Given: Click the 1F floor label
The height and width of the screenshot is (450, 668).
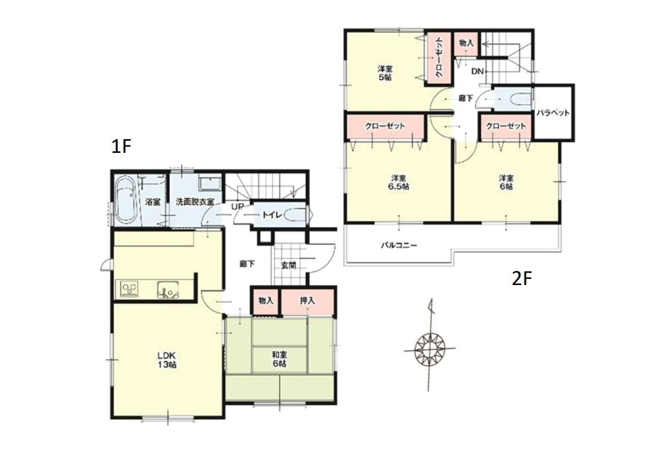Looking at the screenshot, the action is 121,147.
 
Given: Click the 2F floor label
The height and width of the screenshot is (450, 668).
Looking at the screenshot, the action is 522,279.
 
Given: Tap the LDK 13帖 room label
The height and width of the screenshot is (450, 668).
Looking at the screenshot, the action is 167,360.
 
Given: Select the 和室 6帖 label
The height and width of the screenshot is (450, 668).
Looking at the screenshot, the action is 279,359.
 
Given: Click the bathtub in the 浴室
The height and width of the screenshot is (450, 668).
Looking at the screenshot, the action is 126,201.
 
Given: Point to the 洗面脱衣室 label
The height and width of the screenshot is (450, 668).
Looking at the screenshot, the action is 195,201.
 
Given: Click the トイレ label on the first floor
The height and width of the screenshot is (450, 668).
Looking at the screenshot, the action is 269,215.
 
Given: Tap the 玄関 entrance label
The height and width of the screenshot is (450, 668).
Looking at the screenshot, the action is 289,266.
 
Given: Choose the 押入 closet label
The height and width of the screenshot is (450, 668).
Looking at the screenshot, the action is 307,301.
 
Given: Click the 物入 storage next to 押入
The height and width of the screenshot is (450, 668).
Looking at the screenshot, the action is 265,301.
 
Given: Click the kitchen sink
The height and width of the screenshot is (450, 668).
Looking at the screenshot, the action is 168,290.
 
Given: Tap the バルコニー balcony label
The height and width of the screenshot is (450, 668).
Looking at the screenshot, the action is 399,245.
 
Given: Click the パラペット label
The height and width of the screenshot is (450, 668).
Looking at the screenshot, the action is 553,113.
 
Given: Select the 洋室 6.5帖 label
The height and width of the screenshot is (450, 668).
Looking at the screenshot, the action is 399,182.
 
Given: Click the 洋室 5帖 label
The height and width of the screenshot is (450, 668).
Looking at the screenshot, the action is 385,73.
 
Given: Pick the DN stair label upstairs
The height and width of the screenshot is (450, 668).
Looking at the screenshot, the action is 477,71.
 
